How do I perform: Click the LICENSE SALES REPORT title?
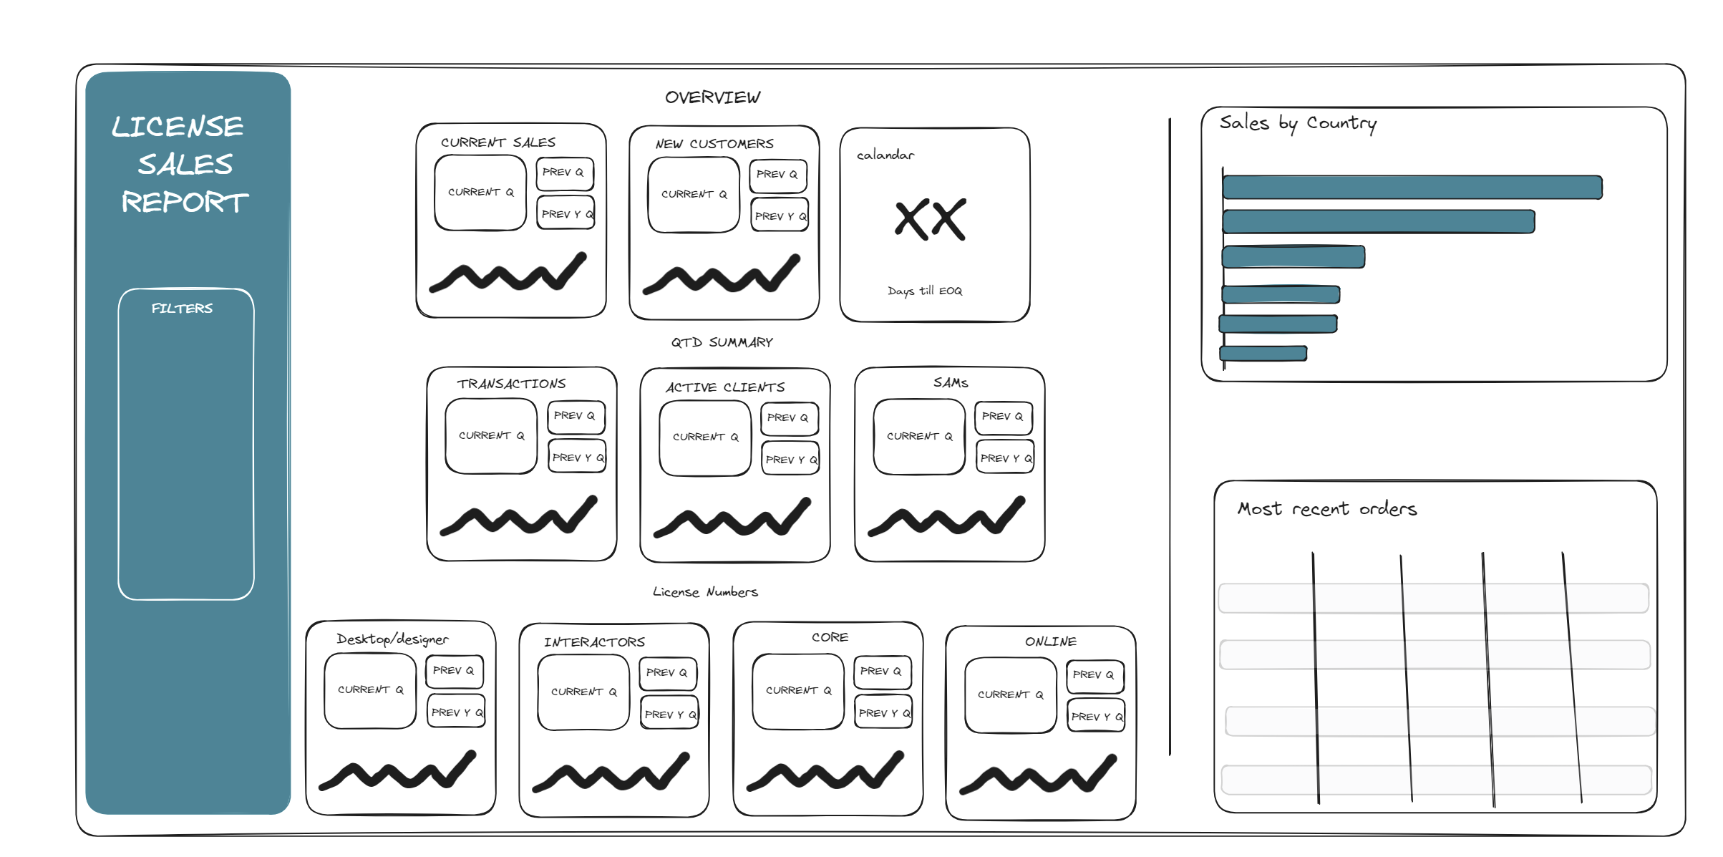pos(183,164)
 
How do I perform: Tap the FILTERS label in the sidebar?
pos(182,309)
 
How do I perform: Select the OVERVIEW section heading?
pos(712,97)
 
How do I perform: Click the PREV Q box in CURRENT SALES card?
pos(564,173)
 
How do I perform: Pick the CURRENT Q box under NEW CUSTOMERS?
pos(693,195)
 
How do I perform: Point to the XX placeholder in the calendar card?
pos(930,219)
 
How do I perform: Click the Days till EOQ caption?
pos(925,291)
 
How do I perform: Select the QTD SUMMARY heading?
pos(722,342)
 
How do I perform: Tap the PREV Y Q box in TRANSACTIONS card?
pos(577,457)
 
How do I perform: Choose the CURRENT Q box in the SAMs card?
pos(919,437)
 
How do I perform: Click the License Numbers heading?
pos(705,592)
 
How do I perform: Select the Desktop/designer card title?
pos(392,639)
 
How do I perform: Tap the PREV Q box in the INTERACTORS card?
pos(667,673)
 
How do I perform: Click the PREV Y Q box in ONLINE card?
pos(1096,716)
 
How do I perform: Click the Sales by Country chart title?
pos(1298,123)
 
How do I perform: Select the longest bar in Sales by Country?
pos(1412,188)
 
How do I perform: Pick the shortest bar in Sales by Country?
pos(1263,353)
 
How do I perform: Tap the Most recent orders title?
pos(1327,509)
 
